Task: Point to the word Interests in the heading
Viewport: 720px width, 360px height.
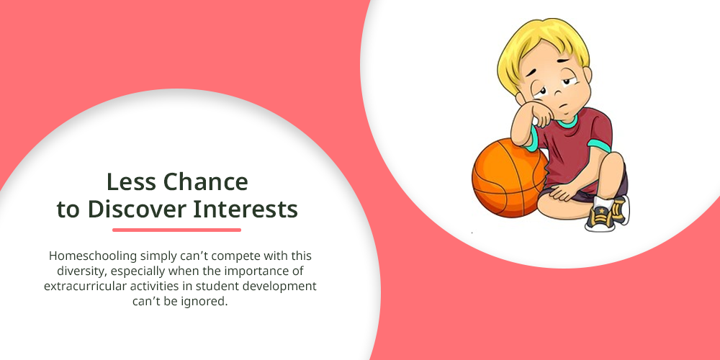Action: pyautogui.click(x=246, y=210)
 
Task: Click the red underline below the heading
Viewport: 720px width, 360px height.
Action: pyautogui.click(x=177, y=230)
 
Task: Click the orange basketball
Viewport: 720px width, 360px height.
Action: pyautogui.click(x=509, y=178)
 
